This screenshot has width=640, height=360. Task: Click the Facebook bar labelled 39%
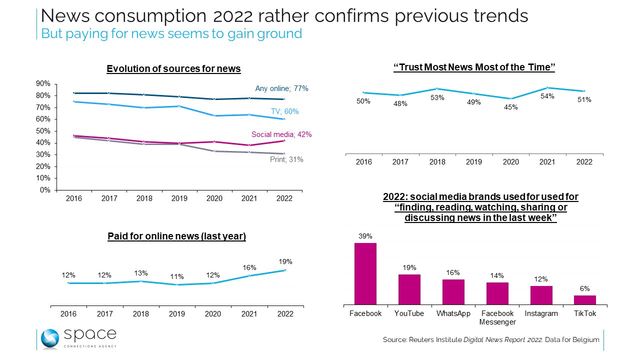pyautogui.click(x=365, y=273)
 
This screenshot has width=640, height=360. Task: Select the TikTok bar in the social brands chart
pyautogui.click(x=584, y=299)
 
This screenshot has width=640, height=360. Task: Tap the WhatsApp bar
pyautogui.click(x=453, y=291)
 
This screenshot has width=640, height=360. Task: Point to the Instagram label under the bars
pyautogui.click(x=541, y=313)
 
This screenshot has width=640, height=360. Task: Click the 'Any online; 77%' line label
pyautogui.click(x=281, y=88)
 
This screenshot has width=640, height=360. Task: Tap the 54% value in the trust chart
pyautogui.click(x=547, y=96)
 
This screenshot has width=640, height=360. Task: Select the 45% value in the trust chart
pyautogui.click(x=510, y=107)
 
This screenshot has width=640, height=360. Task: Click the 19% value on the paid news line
pyautogui.click(x=285, y=261)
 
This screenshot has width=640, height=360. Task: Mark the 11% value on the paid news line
pyautogui.click(x=177, y=276)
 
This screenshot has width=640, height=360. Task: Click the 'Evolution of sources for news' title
pyautogui.click(x=173, y=69)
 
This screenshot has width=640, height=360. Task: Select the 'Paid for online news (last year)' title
pyautogui.click(x=176, y=236)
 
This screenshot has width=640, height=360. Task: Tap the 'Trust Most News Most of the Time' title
pyautogui.click(x=474, y=67)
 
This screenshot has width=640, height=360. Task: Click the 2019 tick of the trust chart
pyautogui.click(x=474, y=162)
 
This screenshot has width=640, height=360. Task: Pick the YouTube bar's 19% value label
pyautogui.click(x=409, y=267)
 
